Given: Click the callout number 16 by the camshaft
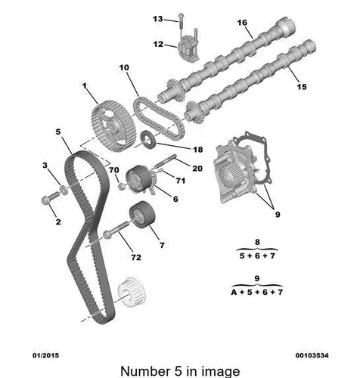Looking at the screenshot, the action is (242, 23).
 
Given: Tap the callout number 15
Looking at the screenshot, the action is (302, 87).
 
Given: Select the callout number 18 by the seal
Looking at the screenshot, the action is (198, 150).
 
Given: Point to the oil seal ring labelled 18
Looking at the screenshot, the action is (148, 140).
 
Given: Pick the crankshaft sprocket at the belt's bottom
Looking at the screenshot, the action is (132, 293).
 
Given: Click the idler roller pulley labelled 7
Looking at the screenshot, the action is (142, 214).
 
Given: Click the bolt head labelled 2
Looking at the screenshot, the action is (45, 200).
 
